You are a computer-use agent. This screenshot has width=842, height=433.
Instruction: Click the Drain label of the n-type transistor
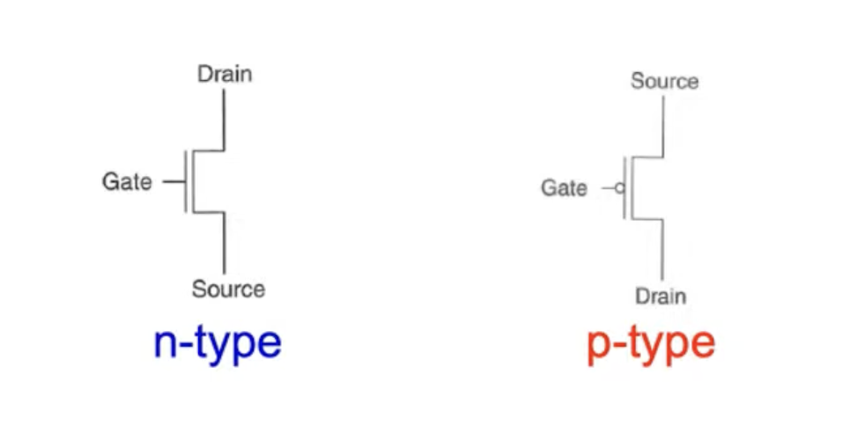[224, 74]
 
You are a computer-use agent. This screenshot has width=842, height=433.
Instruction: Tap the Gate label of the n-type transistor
[127, 182]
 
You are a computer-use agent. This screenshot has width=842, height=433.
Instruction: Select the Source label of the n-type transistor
[228, 288]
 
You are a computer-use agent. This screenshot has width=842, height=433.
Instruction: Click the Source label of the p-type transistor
[664, 82]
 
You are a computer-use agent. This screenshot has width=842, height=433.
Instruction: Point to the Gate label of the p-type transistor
[564, 188]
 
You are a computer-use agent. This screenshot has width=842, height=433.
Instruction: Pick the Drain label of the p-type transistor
[661, 296]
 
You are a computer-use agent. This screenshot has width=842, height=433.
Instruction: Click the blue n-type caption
[218, 343]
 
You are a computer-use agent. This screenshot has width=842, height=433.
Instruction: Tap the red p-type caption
[650, 345]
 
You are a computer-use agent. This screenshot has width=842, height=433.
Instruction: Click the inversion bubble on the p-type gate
[619, 188]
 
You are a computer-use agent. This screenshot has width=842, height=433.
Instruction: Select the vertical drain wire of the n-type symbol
[225, 119]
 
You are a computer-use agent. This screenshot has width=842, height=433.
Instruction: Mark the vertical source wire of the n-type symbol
[225, 242]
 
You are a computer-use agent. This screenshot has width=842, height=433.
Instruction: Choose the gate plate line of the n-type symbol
[186, 181]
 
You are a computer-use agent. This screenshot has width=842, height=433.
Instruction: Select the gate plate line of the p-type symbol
[624, 187]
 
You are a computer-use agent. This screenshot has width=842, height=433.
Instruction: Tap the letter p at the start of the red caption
[600, 347]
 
